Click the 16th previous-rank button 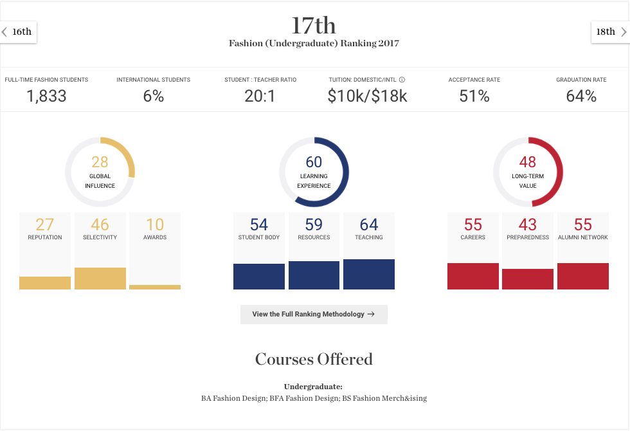click(x=18, y=32)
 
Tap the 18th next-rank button click(x=610, y=32)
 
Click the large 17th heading click(x=314, y=25)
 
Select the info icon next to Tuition click(x=402, y=80)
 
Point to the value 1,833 click(x=46, y=96)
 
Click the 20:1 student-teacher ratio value click(x=260, y=96)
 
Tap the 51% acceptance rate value click(x=474, y=96)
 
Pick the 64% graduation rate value click(x=581, y=96)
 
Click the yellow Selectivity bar click(x=100, y=278)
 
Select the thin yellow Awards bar click(x=155, y=287)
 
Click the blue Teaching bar click(x=369, y=274)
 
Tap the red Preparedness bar click(x=528, y=279)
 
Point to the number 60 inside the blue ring click(x=314, y=162)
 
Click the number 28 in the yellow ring click(x=100, y=162)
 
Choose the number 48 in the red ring click(x=528, y=162)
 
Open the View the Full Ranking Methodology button click(x=314, y=315)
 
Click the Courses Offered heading click(x=314, y=359)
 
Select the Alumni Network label click(x=583, y=237)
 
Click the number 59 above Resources click(x=314, y=225)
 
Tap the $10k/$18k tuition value click(x=367, y=96)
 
